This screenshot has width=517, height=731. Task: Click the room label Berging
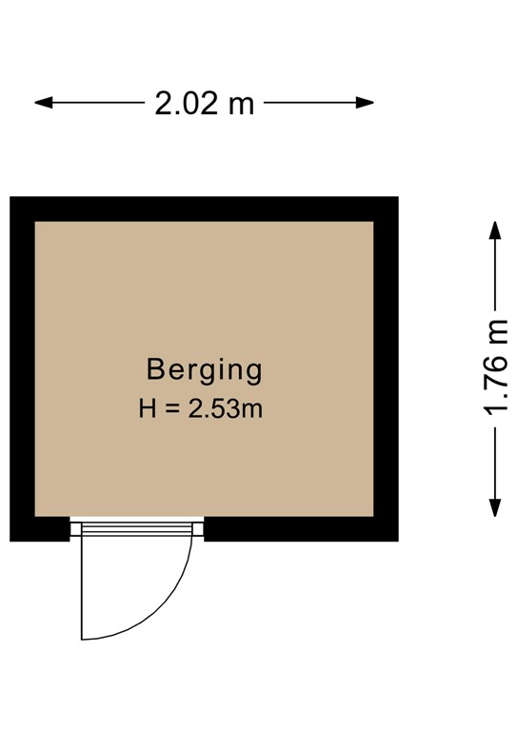[204, 369]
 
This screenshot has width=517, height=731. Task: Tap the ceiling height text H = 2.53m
[200, 410]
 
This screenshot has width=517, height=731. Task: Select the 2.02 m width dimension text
[205, 103]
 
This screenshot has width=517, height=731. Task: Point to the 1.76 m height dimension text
[496, 367]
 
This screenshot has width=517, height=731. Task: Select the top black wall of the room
[204, 208]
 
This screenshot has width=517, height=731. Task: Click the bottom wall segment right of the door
[300, 529]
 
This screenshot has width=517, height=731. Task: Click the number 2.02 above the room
[186, 103]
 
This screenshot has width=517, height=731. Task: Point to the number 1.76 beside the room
[496, 381]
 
